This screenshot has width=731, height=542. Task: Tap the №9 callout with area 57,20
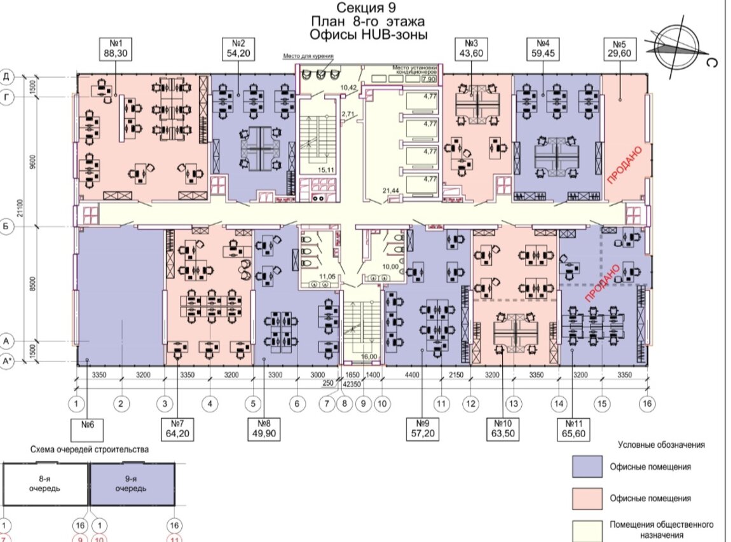(422, 429)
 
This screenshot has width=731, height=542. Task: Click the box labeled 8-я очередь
(44, 484)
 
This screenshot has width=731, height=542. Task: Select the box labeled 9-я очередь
(132, 484)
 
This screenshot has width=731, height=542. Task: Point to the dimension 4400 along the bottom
(413, 376)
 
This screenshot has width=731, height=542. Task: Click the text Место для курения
(308, 57)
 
